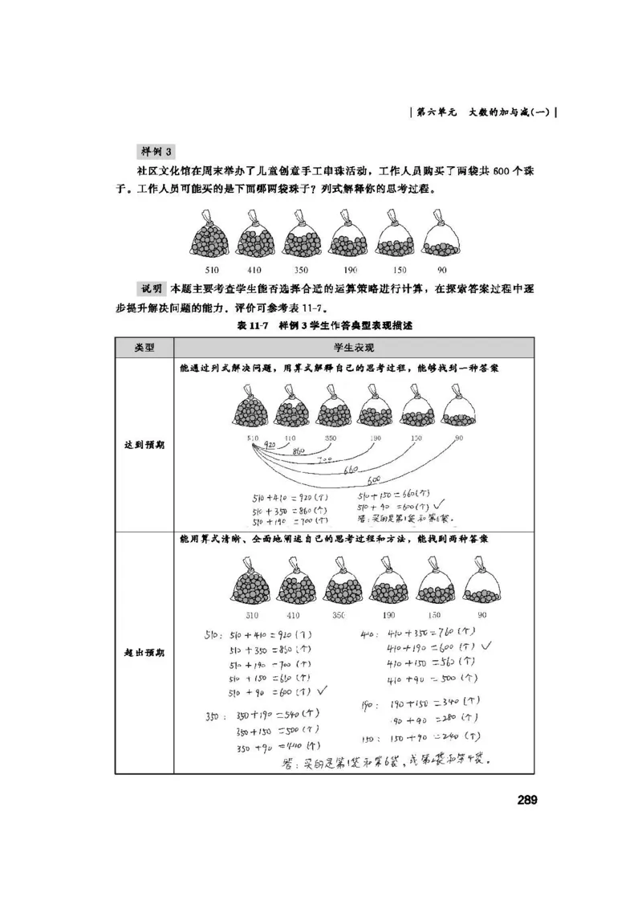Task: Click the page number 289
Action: (x=526, y=799)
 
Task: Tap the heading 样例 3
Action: (x=157, y=151)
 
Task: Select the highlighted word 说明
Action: (x=152, y=288)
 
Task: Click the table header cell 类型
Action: (x=144, y=348)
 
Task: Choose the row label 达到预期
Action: (x=144, y=444)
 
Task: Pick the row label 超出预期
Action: (x=144, y=652)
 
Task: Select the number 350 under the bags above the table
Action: (x=302, y=270)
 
